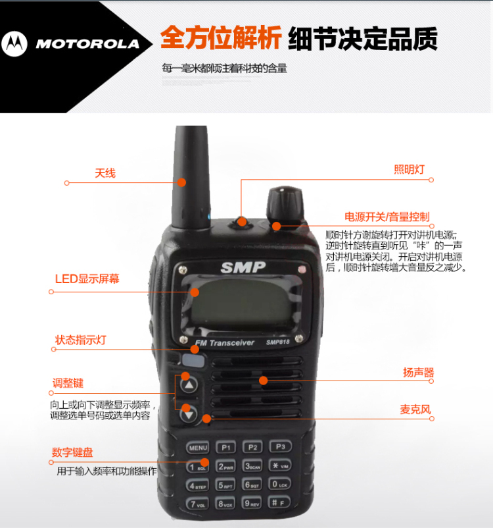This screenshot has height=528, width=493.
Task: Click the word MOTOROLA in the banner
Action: tap(87, 44)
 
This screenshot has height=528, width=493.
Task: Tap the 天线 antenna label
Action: tap(105, 173)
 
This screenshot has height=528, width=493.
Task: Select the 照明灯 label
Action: tap(409, 169)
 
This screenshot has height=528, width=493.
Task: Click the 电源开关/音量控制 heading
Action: tap(387, 217)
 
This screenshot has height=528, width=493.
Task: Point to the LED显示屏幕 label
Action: tap(87, 279)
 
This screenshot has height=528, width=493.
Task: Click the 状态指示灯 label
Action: tap(80, 340)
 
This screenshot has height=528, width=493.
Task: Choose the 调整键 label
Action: tap(68, 383)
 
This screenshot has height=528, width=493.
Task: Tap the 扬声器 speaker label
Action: tap(418, 373)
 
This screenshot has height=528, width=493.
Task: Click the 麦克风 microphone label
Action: tap(415, 409)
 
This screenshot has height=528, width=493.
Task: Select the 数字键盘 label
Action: tap(72, 452)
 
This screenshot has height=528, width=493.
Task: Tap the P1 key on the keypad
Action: tap(226, 447)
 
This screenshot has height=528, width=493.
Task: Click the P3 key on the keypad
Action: tap(280, 446)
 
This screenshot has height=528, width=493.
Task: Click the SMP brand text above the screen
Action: tap(243, 267)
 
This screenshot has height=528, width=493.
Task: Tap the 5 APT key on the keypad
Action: tap(225, 485)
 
